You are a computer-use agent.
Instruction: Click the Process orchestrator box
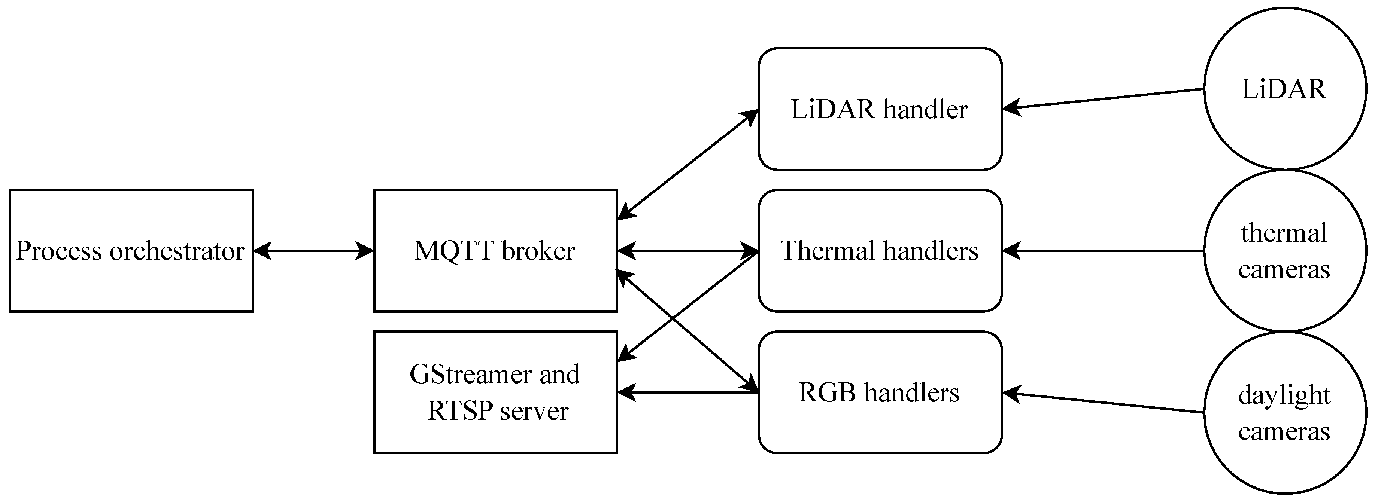[x=131, y=278]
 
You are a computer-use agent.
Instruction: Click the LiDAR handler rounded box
[x=880, y=134]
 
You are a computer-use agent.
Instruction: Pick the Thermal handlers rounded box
[x=880, y=278]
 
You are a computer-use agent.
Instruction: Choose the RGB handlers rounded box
[x=880, y=422]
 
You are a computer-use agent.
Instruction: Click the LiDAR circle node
[x=1284, y=123]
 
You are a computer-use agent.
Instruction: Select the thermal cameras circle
[x=1284, y=299]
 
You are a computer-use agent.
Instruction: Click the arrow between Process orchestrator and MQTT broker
[x=313, y=250]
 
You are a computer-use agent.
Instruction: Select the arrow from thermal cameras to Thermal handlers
[x=1102, y=250]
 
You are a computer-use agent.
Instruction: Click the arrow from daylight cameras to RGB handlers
[x=1102, y=403]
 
